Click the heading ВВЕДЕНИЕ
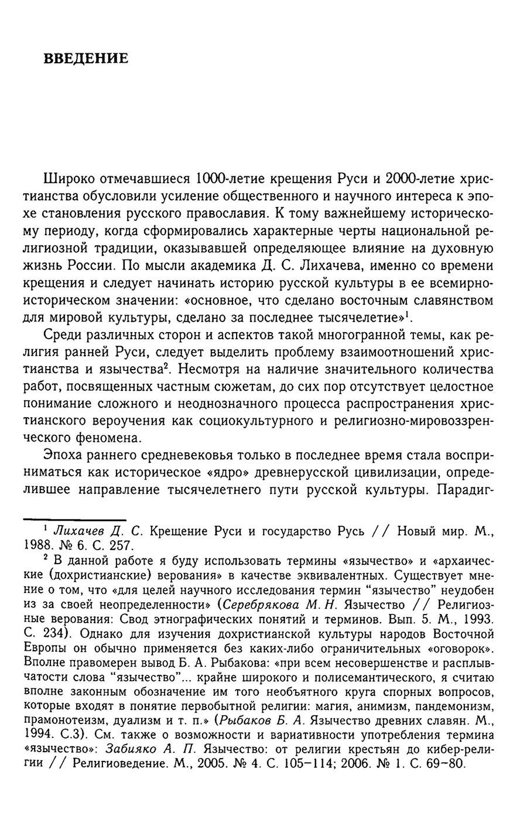(x=86, y=59)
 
